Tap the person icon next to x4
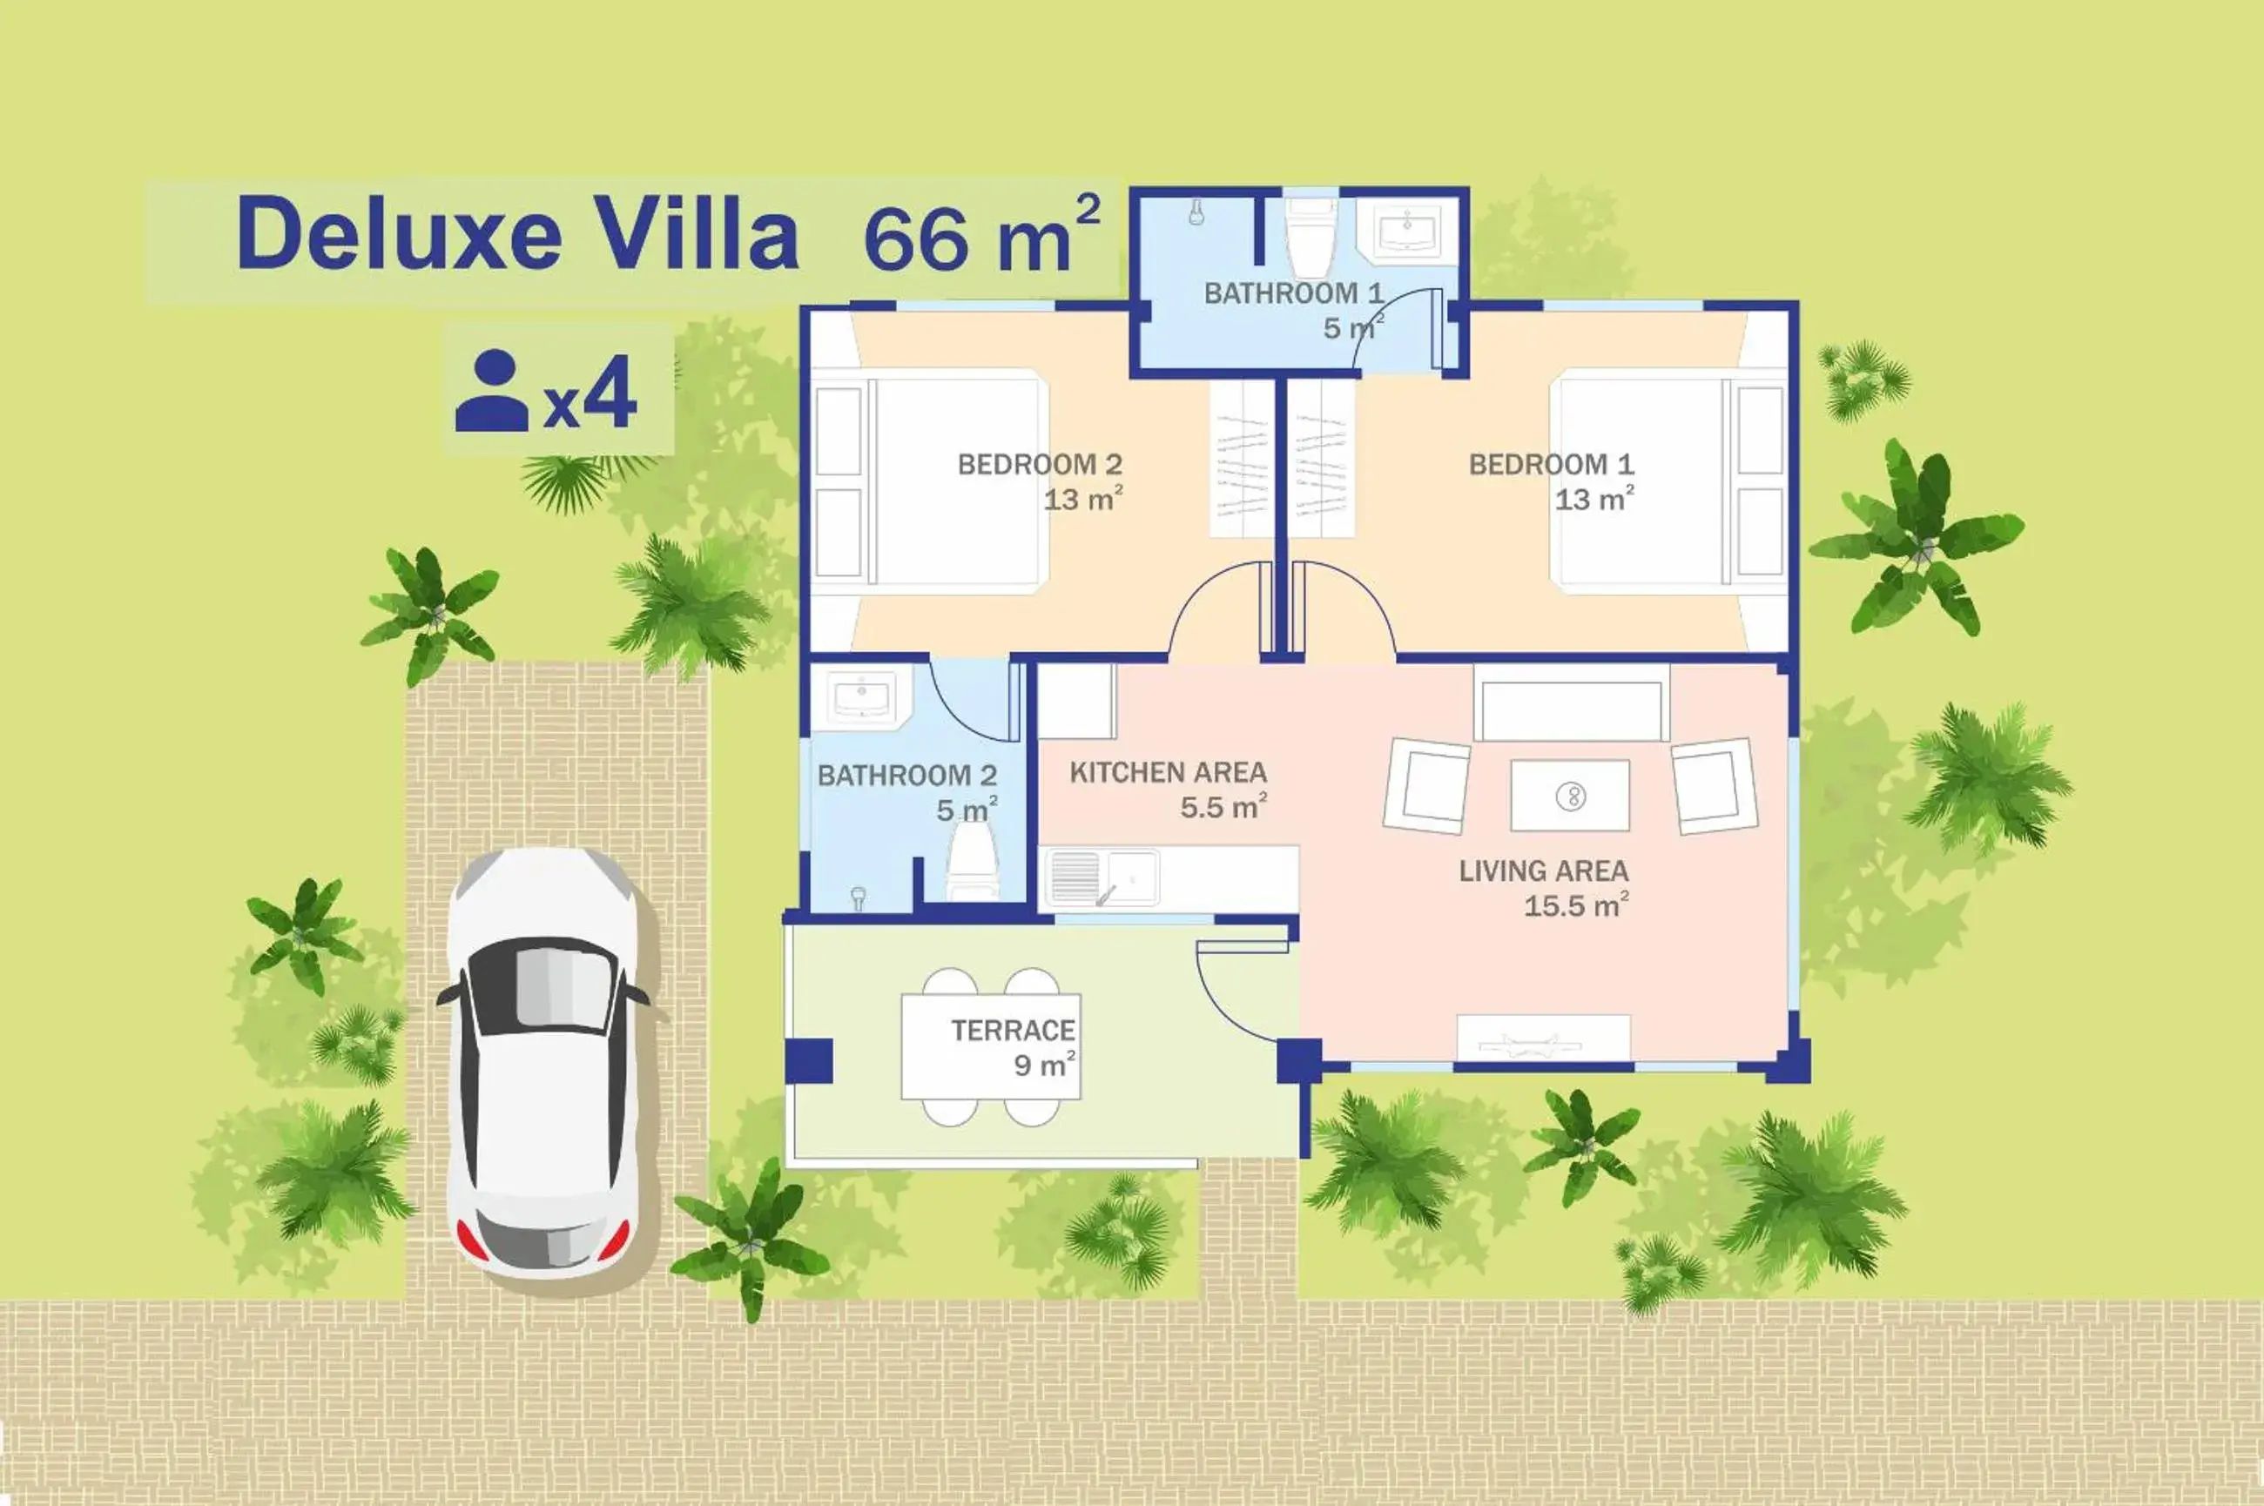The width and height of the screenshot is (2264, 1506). [x=492, y=391]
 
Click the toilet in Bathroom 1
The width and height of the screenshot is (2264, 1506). [x=1311, y=239]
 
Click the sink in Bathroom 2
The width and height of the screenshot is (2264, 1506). [x=860, y=696]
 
